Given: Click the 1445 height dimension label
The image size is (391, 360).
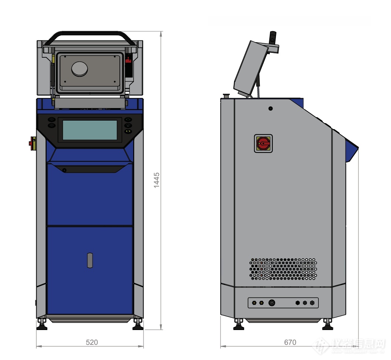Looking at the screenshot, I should tap(157, 180).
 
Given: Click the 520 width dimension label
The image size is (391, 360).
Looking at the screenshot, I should tap(92, 342).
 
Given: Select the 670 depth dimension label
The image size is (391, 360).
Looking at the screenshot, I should tap(290, 342).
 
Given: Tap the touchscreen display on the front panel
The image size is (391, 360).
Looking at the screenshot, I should tap(90, 130).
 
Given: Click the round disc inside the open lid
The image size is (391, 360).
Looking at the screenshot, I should tap(80, 69).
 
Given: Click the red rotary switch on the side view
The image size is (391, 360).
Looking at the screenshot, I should tap(263, 143).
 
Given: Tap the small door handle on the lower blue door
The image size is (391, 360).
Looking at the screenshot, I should tap(90, 260).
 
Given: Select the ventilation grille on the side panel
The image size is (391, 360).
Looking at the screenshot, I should tap(283, 269).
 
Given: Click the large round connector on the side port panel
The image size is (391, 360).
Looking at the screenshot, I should tap(272, 303).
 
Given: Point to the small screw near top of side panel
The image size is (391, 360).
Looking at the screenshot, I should tap(270, 108).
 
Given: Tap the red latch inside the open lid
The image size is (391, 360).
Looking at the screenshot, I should tap(128, 59).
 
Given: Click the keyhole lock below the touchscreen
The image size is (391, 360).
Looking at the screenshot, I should tap(64, 170).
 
